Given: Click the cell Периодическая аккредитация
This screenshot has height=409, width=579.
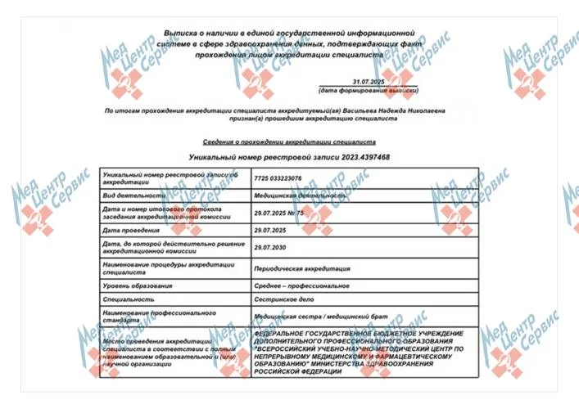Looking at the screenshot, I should click(302, 267).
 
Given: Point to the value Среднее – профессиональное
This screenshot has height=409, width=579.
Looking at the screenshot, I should click(302, 285).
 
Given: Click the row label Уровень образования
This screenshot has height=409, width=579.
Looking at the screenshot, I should click(138, 285).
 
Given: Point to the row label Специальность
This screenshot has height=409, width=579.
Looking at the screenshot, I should click(128, 299).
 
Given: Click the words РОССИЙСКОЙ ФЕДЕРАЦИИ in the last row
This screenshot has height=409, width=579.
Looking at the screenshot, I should click(298, 372).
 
